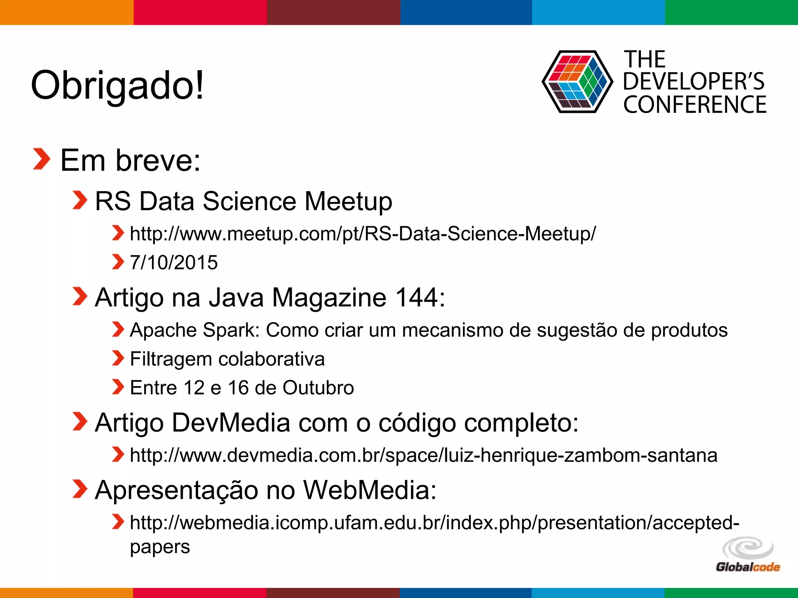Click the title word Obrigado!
pyautogui.click(x=117, y=85)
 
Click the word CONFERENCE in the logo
pyautogui.click(x=694, y=105)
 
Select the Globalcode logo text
pyautogui.click(x=747, y=567)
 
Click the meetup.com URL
pyautogui.click(x=362, y=234)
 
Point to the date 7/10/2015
pyautogui.click(x=174, y=262)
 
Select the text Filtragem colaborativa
pyautogui.click(x=227, y=359)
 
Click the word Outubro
pyautogui.click(x=318, y=388)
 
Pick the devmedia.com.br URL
pyautogui.click(x=423, y=455)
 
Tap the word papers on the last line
pyautogui.click(x=160, y=547)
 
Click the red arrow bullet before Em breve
pyautogui.click(x=41, y=159)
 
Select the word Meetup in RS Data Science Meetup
pyautogui.click(x=348, y=201)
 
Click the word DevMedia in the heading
pyautogui.click(x=231, y=423)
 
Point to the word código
pyautogui.click(x=417, y=423)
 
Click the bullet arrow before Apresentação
pyautogui.click(x=80, y=489)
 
